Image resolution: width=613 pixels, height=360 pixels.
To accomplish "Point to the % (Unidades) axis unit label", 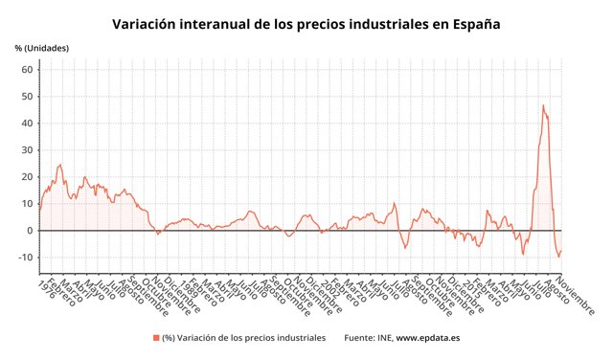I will (41, 48).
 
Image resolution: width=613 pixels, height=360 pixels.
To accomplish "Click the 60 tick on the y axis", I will (27, 70).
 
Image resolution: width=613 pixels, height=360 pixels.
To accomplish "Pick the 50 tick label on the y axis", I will (27, 97).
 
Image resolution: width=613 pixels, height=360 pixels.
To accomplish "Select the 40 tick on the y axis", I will (27, 124).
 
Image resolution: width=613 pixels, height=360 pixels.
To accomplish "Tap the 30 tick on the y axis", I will (27, 150).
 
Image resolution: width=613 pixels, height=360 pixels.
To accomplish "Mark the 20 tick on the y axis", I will (27, 177).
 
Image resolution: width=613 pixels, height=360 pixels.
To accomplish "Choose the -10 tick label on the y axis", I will (25, 258).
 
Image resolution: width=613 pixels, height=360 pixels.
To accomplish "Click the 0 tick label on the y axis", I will (30, 231).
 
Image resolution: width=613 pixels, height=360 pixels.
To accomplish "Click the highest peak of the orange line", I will (543, 105).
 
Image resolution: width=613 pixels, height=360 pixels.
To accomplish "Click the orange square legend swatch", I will (155, 338).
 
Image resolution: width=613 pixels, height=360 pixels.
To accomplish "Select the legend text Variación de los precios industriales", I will (252, 338).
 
